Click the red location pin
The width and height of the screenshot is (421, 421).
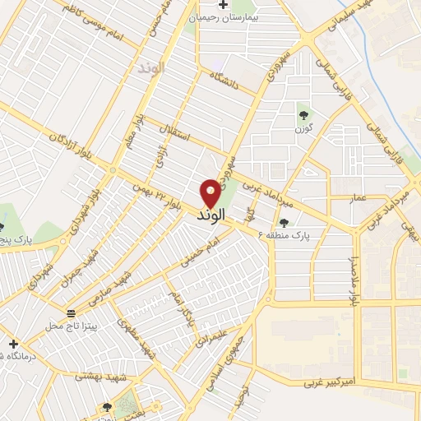[210, 192]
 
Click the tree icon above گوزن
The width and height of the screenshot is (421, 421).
[303, 115]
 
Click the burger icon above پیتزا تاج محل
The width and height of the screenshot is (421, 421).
[72, 313]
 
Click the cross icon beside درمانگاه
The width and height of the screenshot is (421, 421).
[12, 344]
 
